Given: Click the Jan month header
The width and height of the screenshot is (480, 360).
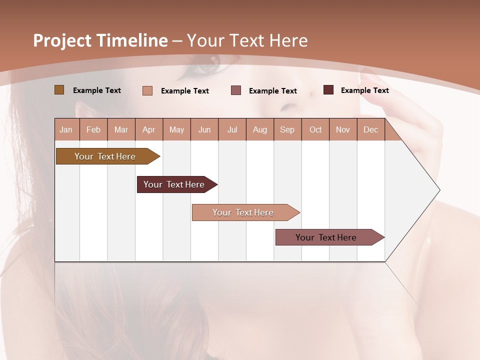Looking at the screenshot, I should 66,129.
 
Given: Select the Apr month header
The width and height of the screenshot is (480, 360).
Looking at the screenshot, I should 149,129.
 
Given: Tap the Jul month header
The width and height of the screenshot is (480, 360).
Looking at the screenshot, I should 232,129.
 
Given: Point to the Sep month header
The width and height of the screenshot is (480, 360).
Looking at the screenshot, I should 287,129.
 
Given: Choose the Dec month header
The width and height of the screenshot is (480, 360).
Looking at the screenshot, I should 370,129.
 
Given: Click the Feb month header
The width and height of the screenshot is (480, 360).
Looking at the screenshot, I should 93,129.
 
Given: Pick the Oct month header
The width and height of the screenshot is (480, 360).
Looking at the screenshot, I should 315,129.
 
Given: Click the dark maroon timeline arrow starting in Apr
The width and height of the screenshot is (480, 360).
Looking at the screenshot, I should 174,184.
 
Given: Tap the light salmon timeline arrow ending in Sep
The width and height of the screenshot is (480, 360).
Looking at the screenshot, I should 243,212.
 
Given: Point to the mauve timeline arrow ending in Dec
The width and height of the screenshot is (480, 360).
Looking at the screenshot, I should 326,237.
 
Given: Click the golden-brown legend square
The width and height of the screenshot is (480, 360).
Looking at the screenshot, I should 59,90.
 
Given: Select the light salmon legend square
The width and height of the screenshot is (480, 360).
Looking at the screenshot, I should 147,90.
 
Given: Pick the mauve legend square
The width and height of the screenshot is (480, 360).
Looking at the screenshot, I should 236,90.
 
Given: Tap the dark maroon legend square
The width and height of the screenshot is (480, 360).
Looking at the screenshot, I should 328,90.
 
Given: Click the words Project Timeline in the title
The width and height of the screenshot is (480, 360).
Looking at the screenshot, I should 100,40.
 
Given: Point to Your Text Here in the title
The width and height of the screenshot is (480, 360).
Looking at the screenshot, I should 247,40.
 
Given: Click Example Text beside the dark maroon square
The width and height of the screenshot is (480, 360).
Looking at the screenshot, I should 364,90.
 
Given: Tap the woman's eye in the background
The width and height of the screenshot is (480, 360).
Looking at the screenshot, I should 208,64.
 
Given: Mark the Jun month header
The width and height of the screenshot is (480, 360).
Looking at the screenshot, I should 204,129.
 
